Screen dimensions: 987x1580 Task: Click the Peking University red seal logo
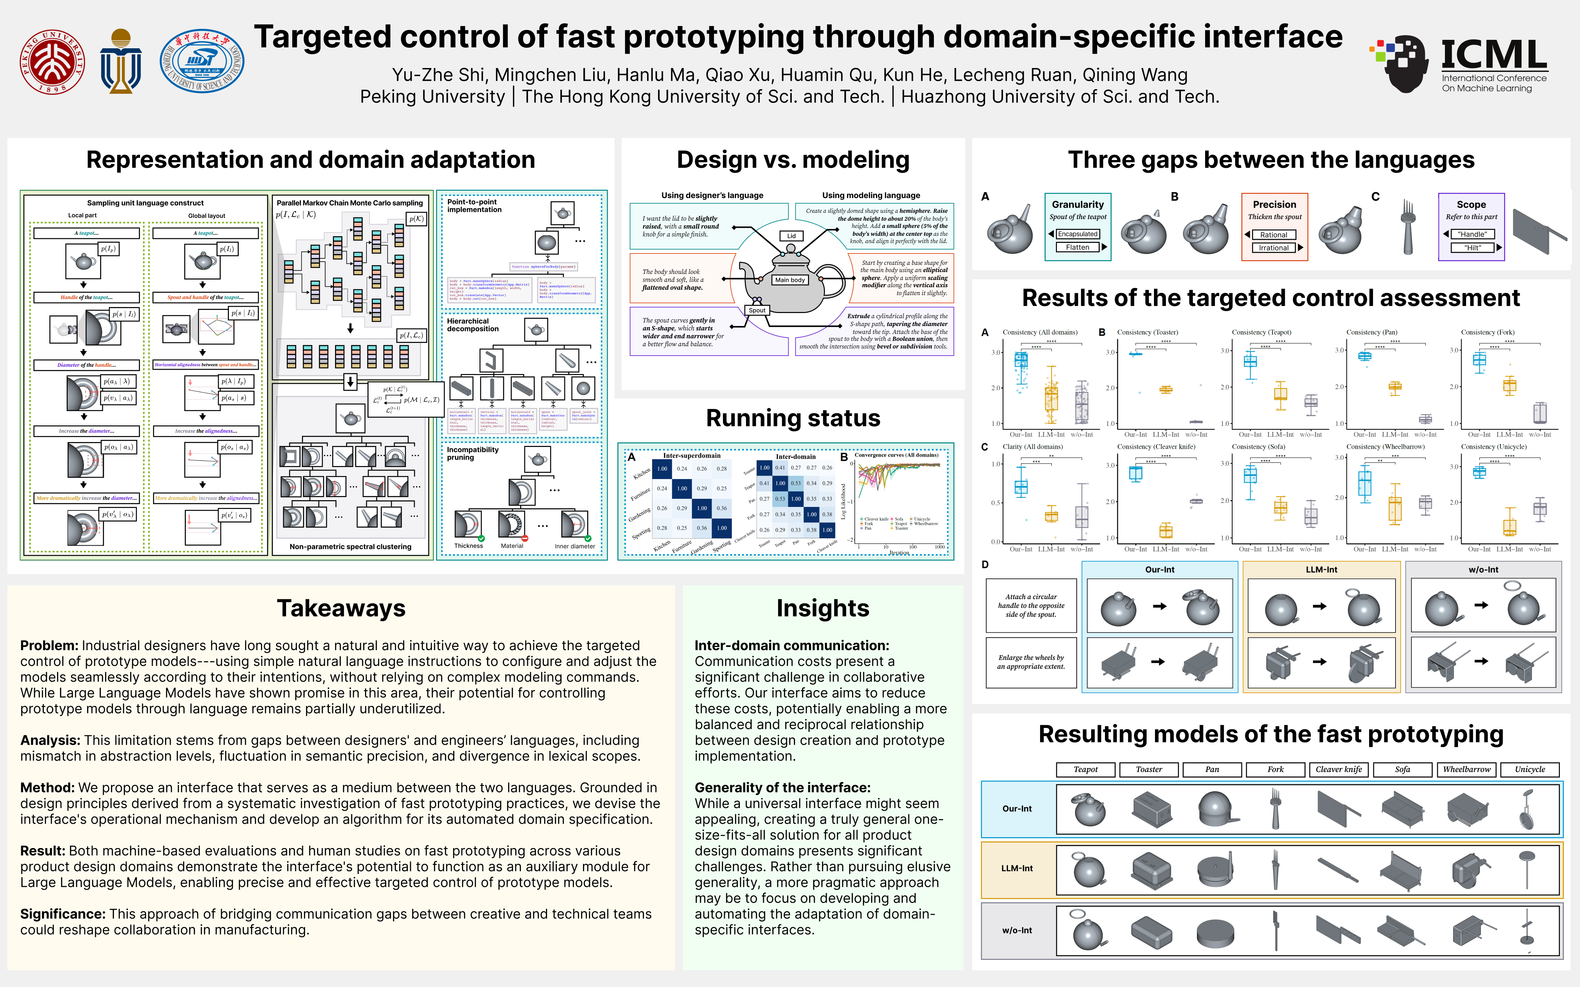coord(52,61)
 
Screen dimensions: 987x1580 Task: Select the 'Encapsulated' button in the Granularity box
coord(1077,234)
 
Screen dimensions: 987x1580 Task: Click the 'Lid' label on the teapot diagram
coord(791,236)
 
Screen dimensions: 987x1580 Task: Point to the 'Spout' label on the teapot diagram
coord(757,310)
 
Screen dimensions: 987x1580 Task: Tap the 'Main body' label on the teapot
coord(790,280)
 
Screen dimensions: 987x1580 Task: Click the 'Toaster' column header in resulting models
coord(1148,770)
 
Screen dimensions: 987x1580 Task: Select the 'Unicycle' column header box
coord(1530,770)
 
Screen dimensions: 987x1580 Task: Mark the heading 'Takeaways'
coord(341,608)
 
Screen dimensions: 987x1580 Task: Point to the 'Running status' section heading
coord(792,418)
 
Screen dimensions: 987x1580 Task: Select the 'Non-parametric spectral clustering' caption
coord(350,547)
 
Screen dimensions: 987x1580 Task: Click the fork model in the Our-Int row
coord(1275,808)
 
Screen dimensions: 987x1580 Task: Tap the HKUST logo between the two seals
coord(121,61)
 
